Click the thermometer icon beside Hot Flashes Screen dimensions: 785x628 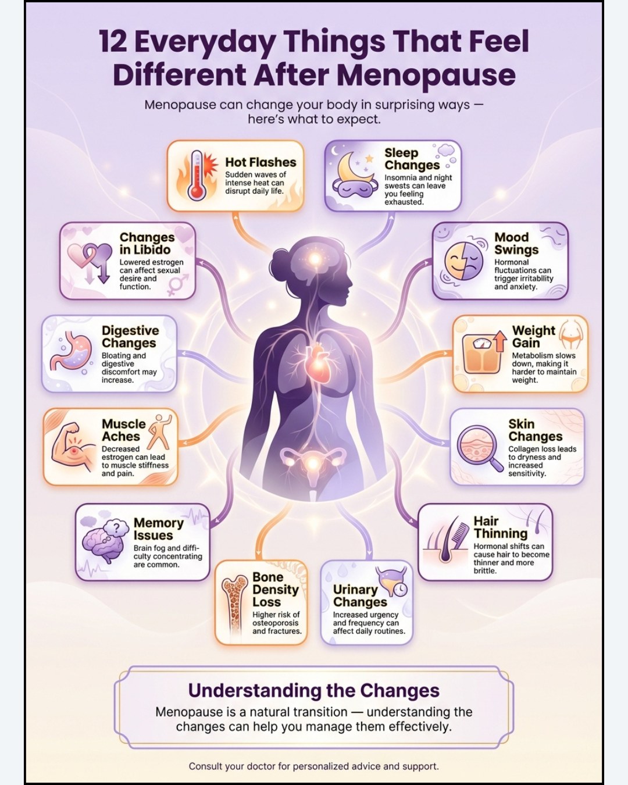197,174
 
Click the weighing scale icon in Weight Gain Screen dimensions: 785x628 480,354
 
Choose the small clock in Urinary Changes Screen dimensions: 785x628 401,589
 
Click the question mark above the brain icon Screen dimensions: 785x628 118,528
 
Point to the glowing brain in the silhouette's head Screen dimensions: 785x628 314,259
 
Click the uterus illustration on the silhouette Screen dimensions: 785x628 313,463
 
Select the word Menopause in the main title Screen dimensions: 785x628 426,76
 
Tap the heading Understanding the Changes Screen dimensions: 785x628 313,690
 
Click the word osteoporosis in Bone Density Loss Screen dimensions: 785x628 275,623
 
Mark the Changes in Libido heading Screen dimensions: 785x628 147,244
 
